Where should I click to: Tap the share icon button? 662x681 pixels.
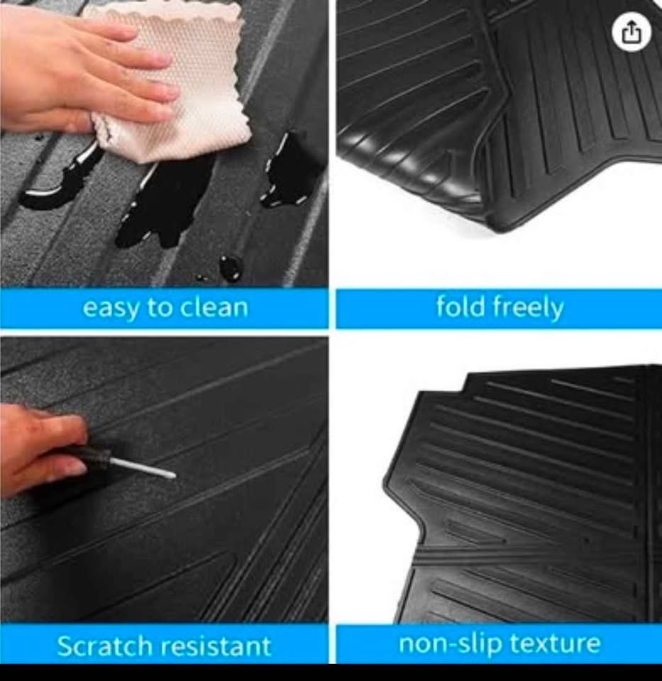coord(631,32)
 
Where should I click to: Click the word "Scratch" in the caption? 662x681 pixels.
coord(105,645)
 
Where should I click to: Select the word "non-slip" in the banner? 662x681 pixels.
coord(450,643)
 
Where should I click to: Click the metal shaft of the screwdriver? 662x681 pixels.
coord(143,467)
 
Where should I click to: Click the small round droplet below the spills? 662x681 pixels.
coord(230,265)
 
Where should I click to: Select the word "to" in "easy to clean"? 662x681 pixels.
coord(160,306)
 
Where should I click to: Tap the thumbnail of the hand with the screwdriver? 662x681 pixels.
coord(164,480)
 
